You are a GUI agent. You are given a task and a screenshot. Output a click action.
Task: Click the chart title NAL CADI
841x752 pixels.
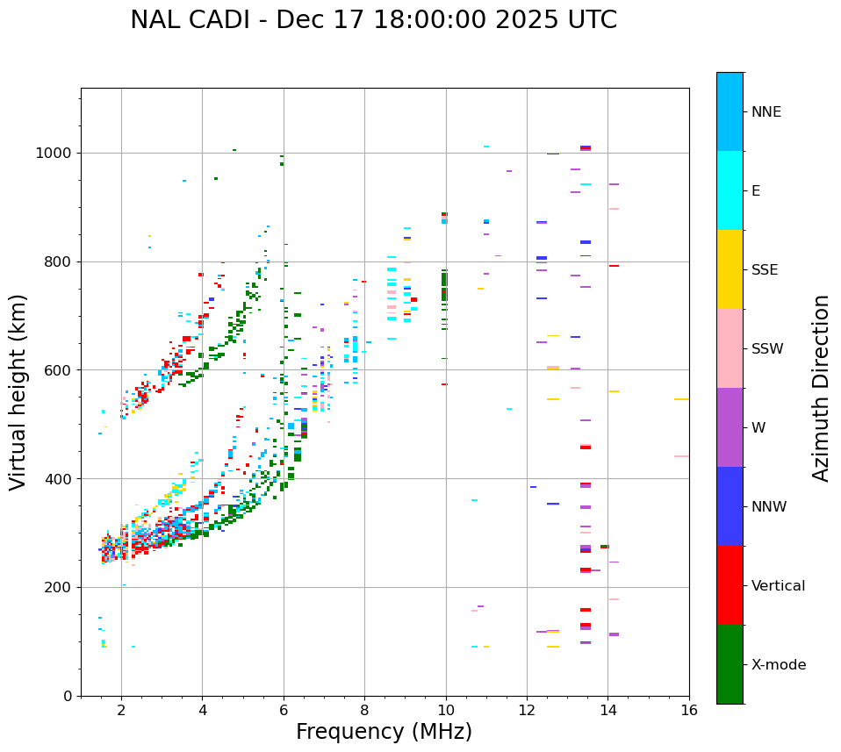194,20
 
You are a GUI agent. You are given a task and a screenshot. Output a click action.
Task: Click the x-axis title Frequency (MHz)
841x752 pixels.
384,732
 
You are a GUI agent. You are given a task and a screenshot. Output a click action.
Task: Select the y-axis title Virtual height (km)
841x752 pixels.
18,392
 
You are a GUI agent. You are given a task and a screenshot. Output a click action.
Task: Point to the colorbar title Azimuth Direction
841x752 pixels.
821,388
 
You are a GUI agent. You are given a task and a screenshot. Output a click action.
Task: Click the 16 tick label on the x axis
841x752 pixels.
689,711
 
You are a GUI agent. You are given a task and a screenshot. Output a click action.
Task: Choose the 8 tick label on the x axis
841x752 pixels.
364,711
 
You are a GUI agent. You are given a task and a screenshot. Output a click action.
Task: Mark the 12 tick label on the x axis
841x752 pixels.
527,711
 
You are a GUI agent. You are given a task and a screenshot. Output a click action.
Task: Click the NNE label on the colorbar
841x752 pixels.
766,112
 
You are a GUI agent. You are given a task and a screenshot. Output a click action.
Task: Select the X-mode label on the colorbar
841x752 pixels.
778,665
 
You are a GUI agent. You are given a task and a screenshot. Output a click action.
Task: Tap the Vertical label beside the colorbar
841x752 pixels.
778,586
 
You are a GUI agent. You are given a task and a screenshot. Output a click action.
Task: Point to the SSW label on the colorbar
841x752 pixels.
767,349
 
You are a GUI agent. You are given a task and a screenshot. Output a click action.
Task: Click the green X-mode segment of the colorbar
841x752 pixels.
730,664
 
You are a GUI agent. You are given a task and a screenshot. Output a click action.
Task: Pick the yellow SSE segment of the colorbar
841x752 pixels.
730,269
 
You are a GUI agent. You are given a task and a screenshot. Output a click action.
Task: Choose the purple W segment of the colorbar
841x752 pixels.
730,427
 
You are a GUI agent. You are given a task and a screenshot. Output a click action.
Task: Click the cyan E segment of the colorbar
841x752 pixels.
730,190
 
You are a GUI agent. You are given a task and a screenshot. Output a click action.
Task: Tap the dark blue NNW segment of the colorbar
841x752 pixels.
730,506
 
